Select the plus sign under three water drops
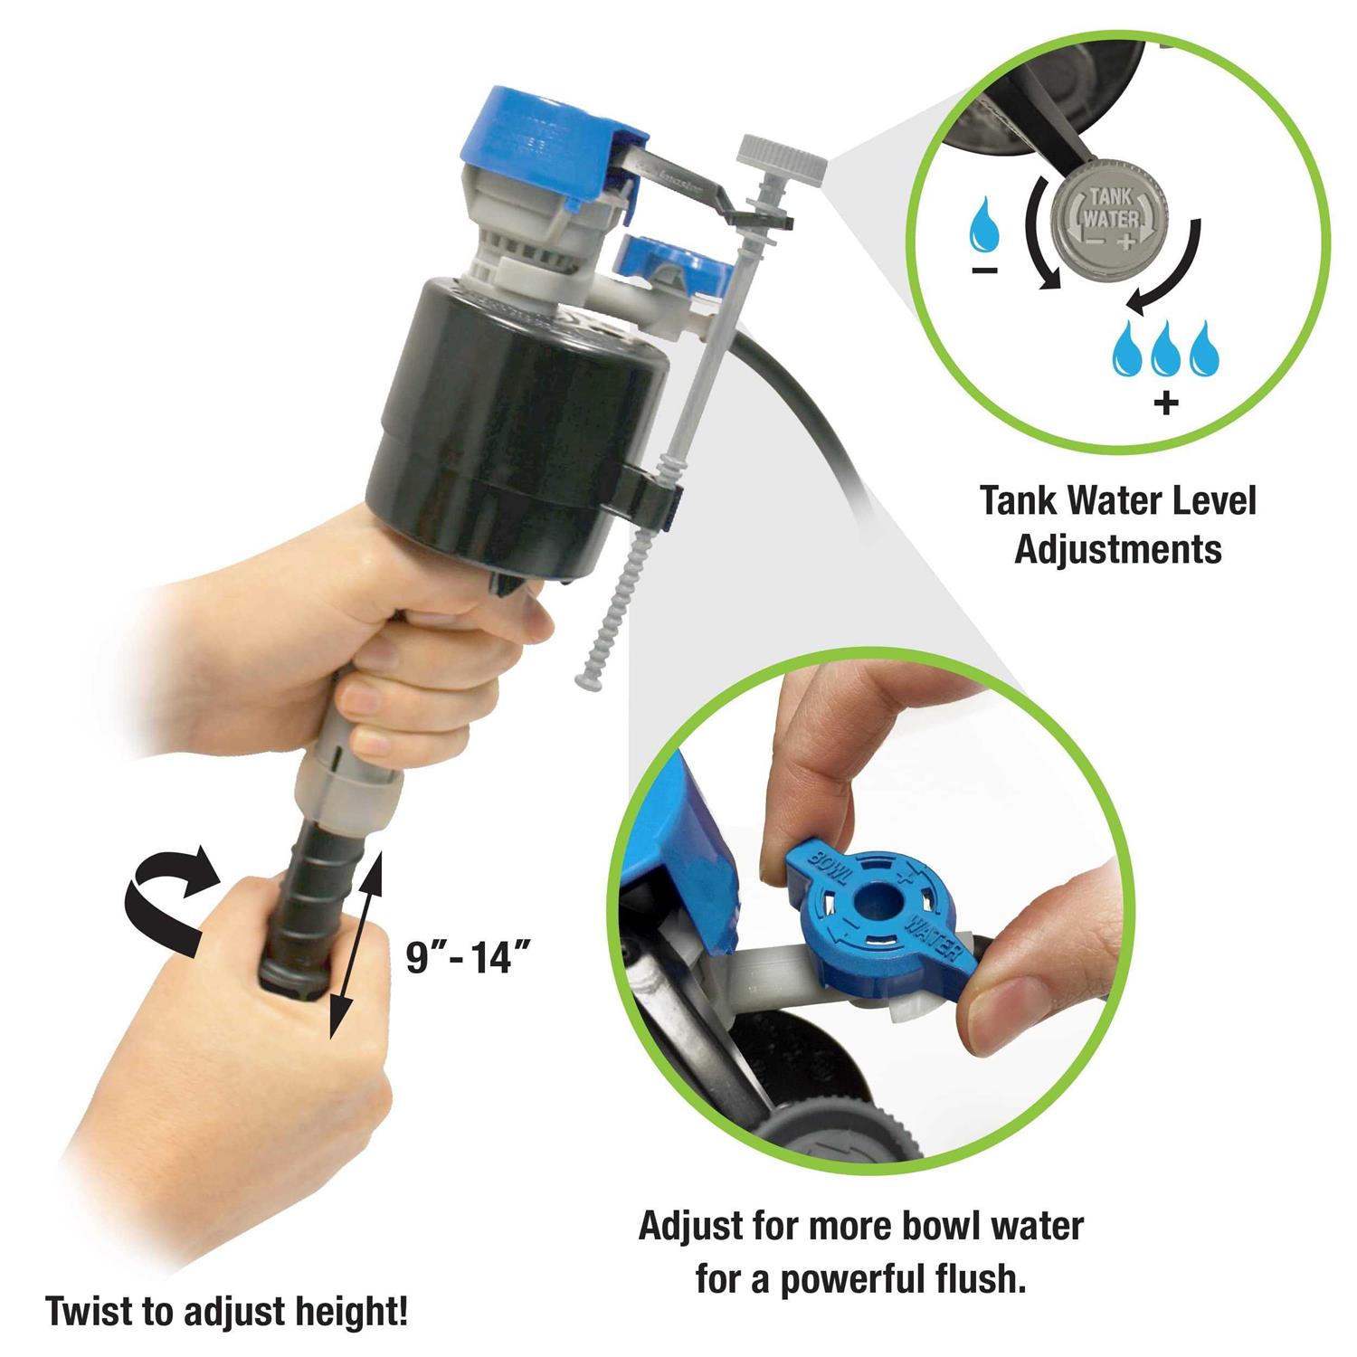(1167, 402)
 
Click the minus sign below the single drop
(986, 270)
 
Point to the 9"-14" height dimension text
(467, 956)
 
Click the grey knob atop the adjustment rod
(783, 160)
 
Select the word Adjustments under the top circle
(1118, 548)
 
